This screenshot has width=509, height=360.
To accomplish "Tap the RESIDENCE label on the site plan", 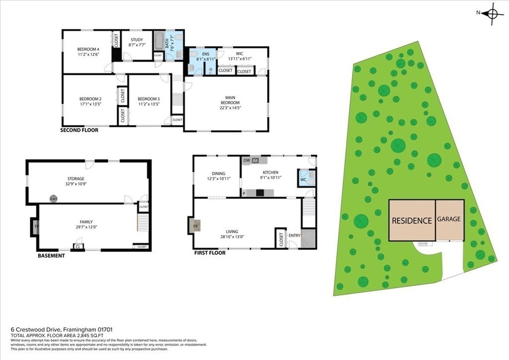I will pyautogui.click(x=412, y=220).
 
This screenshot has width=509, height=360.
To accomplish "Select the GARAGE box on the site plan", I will pyautogui.click(x=449, y=219).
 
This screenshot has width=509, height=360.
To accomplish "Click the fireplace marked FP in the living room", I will pyautogui.click(x=195, y=226).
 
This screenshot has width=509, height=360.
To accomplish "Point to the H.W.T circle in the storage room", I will pyautogui.click(x=53, y=199).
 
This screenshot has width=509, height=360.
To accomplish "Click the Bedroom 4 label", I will pyautogui.click(x=87, y=49).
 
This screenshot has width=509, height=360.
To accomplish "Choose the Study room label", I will pyautogui.click(x=137, y=40).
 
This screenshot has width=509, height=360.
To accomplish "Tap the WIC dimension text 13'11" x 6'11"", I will pyautogui.click(x=240, y=59).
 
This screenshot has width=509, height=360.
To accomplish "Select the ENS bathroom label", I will pyautogui.click(x=205, y=53).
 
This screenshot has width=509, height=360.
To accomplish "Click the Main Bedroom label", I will pyautogui.click(x=227, y=99).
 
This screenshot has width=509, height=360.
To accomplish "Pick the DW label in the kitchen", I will pyautogui.click(x=247, y=160).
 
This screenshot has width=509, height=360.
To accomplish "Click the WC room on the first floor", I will pyautogui.click(x=303, y=180).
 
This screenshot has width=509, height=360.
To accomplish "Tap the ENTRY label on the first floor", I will pyautogui.click(x=294, y=236).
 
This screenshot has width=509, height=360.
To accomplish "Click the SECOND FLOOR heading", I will pyautogui.click(x=79, y=130).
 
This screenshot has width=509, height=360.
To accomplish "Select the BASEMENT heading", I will pyautogui.click(x=51, y=256).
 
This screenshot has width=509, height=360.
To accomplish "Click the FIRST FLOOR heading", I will pyautogui.click(x=210, y=253).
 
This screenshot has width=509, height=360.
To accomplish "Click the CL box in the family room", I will pyautogui.click(x=78, y=246).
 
